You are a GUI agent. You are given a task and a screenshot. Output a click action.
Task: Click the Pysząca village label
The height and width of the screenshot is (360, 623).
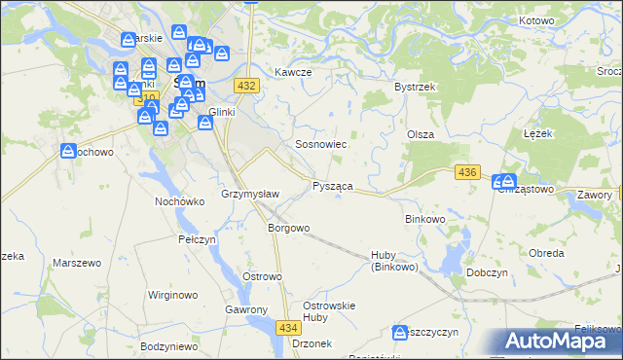coord(332,185)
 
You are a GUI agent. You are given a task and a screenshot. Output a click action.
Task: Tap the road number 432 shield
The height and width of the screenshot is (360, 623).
coord(246,87)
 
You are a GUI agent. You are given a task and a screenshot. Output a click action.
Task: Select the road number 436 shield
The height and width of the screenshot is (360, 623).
coord(467,172)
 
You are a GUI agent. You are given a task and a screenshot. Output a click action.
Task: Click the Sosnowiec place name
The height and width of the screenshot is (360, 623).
coord(321,144)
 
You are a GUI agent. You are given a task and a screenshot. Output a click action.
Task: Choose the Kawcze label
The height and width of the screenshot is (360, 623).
coord(292,73)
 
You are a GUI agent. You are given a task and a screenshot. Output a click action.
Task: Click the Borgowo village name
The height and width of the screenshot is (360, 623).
coord(288,229)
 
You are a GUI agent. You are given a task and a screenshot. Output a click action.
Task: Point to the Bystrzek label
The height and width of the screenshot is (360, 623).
coord(414,87)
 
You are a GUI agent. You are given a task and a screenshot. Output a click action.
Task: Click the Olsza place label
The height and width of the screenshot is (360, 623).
coord(420,134)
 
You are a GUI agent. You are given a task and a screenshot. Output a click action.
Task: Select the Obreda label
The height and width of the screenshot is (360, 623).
coord(546,253)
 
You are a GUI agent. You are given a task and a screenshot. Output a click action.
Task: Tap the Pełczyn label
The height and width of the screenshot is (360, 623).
coord(197,239)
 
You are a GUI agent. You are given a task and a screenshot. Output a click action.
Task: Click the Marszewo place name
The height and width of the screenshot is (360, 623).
coord(77,264)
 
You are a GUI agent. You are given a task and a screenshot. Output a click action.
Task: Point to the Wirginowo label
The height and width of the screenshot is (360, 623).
coord(172,294)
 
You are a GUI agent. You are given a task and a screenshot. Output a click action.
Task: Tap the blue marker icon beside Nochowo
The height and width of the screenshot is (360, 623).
coord(68,152)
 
